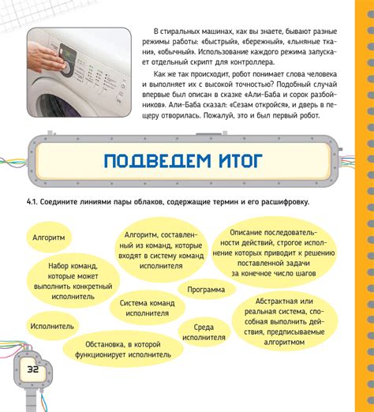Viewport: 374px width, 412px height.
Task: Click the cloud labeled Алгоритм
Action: coord(48,236)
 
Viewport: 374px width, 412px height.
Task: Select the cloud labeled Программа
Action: coord(206,290)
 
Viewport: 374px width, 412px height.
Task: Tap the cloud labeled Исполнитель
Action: coord(52,325)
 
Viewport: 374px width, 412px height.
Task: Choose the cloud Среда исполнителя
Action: coord(204,331)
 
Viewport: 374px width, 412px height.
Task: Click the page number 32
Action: coord(33,369)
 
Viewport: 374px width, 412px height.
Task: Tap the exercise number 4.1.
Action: coord(32,202)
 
